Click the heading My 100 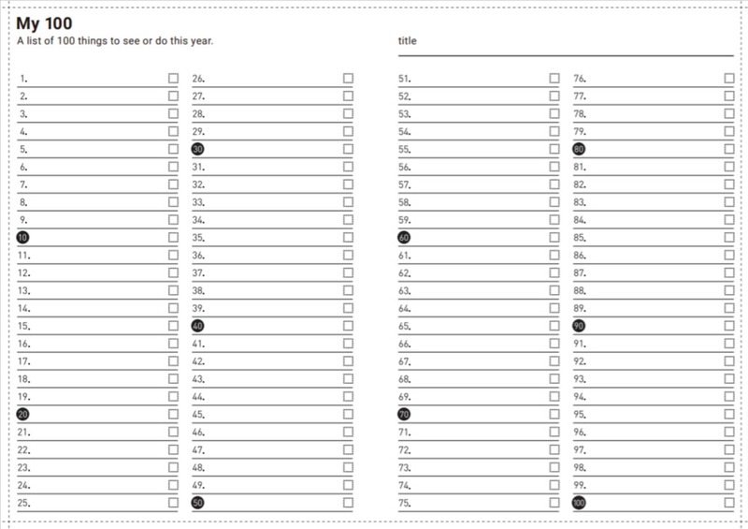[x=44, y=23]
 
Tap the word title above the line [x=407, y=41]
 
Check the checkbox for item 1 [x=173, y=79]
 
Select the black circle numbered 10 [x=23, y=238]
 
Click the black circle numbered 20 [x=23, y=415]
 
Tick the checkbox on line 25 [x=173, y=503]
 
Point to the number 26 [x=198, y=80]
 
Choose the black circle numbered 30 [x=198, y=150]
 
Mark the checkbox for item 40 [x=348, y=326]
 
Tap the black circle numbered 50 [x=198, y=503]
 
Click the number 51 [x=405, y=80]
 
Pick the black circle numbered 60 [x=405, y=238]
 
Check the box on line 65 [x=554, y=326]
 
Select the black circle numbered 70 [x=405, y=415]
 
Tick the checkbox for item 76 [x=729, y=79]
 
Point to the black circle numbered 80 [x=579, y=150]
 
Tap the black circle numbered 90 [x=579, y=326]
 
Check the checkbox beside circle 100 [x=729, y=503]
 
